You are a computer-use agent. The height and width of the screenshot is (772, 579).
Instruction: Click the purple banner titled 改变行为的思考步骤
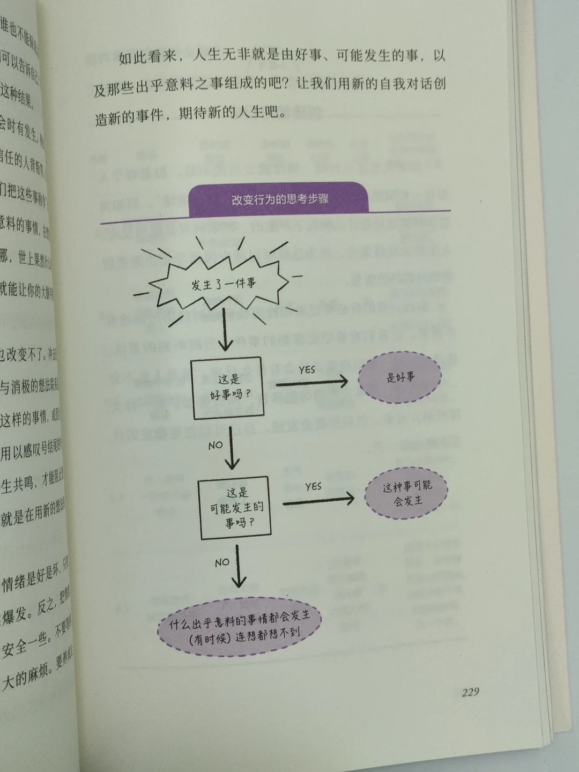[279, 200]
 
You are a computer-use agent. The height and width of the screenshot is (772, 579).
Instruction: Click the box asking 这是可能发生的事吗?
[235, 508]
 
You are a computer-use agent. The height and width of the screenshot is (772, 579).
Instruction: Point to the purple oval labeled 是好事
[400, 377]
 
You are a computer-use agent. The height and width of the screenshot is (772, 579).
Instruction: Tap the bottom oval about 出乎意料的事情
[240, 627]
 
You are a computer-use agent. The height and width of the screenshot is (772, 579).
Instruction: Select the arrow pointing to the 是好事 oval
[311, 382]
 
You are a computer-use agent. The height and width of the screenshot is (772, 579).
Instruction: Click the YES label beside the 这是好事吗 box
[307, 370]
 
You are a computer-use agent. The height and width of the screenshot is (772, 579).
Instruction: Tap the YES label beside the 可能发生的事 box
[313, 486]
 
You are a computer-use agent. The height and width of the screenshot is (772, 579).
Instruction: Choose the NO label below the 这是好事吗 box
[215, 444]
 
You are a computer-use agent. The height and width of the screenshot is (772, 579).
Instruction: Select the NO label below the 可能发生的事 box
[221, 562]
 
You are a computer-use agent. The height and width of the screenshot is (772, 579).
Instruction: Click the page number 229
[470, 692]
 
